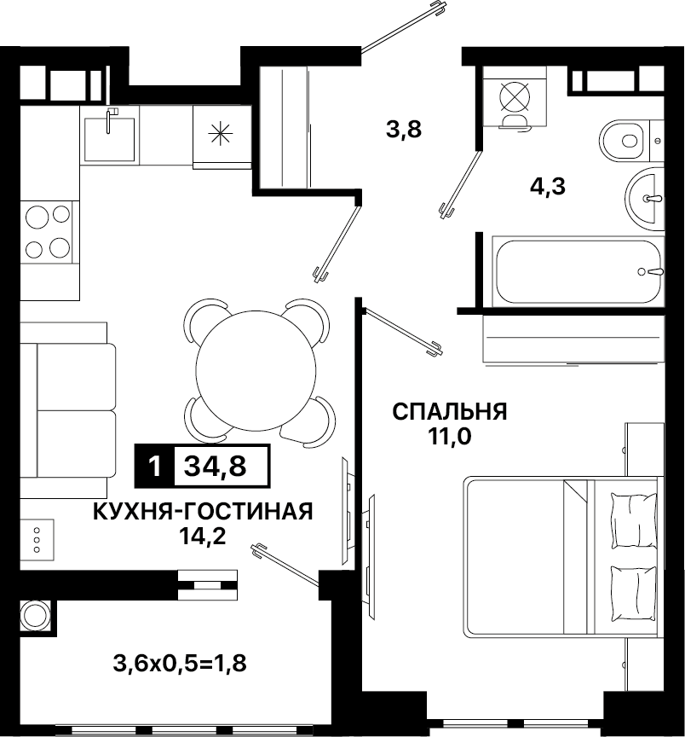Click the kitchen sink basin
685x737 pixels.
coord(109,139)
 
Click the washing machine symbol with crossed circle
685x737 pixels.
coord(515,96)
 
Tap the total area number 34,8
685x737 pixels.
coord(216,467)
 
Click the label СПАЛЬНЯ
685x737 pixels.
coord(450,412)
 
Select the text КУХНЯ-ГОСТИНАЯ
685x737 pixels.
coord(203,512)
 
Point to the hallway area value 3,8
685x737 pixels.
coord(404,130)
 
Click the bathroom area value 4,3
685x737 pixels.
coord(548,187)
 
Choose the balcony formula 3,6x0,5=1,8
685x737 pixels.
coord(180,664)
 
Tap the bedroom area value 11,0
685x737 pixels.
coord(449,437)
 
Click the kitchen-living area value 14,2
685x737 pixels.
coord(203,536)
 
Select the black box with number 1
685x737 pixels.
coord(154,467)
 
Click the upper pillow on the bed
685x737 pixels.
coord(633,520)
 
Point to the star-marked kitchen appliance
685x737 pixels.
coord(220,134)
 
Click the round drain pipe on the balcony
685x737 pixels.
coord(35,614)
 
